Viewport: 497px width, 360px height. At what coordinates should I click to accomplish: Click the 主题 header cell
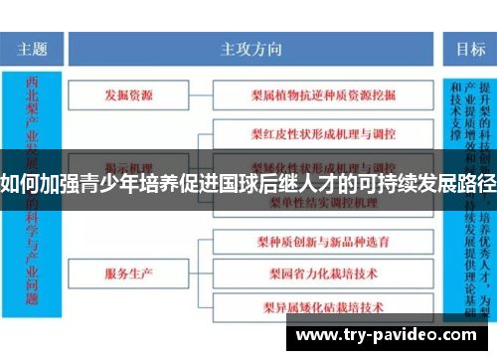pyautogui.click(x=33, y=48)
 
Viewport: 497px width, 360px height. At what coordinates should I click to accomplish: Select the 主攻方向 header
pyautogui.click(x=250, y=48)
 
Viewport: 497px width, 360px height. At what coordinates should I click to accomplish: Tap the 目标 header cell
pyautogui.click(x=470, y=48)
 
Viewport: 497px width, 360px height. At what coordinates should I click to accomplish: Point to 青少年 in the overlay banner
pyautogui.click(x=104, y=183)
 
